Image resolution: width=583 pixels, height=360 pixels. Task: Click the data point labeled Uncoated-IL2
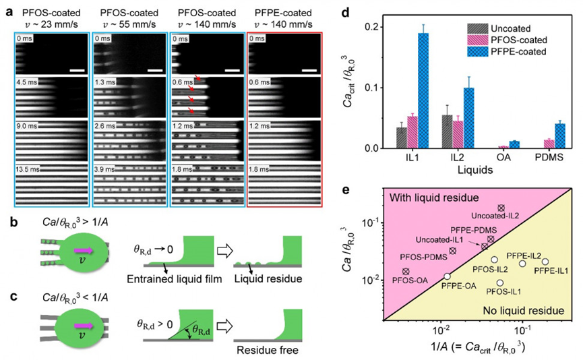pos(501,208)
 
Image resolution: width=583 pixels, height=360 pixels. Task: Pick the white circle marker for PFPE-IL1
pos(545,262)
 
